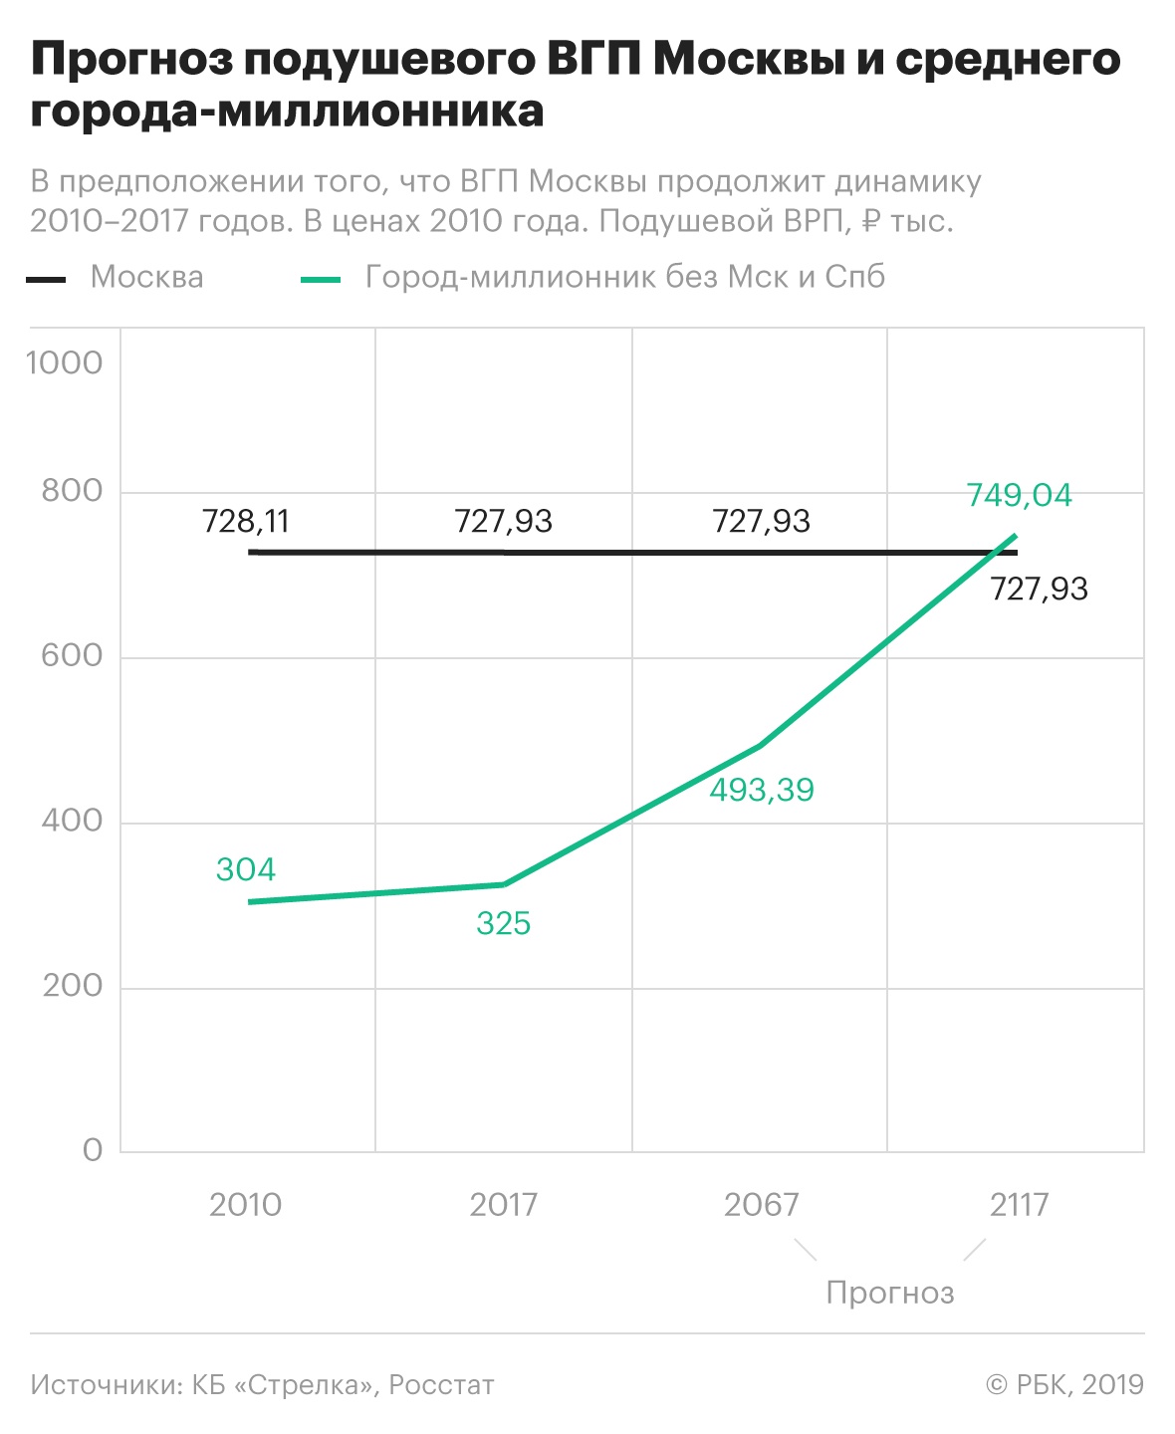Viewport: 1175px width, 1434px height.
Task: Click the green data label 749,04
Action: pyautogui.click(x=1019, y=495)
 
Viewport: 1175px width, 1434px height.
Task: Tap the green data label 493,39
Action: pyautogui.click(x=762, y=790)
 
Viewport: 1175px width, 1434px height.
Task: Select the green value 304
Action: pyautogui.click(x=245, y=869)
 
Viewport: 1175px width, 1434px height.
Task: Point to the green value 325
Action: pyautogui.click(x=503, y=923)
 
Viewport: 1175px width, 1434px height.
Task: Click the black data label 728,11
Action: pyautogui.click(x=245, y=521)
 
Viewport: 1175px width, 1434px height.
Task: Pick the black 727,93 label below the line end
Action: pyautogui.click(x=1039, y=589)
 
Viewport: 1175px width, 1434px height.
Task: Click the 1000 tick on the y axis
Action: pyautogui.click(x=65, y=362)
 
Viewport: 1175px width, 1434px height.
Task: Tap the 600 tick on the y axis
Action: pyautogui.click(x=72, y=655)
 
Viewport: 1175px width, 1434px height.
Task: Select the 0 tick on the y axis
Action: pyautogui.click(x=93, y=1150)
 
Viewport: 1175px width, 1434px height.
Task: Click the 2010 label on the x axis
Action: pyautogui.click(x=245, y=1205)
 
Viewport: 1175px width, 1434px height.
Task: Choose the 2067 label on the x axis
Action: pyautogui.click(x=761, y=1205)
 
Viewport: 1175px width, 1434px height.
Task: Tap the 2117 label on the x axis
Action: pyautogui.click(x=1019, y=1205)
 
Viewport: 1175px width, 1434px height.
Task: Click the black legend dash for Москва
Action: pyautogui.click(x=46, y=279)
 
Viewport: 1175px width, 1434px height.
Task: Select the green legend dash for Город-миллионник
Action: pyautogui.click(x=321, y=279)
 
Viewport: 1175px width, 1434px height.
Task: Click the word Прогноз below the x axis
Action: pyautogui.click(x=890, y=1293)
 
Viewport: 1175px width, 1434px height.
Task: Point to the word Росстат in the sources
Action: pyautogui.click(x=441, y=1385)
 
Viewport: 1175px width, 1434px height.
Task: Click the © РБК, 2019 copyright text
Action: pyautogui.click(x=1064, y=1385)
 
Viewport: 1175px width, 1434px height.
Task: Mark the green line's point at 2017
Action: pyautogui.click(x=504, y=884)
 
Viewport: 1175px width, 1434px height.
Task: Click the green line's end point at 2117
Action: pyautogui.click(x=1016, y=536)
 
